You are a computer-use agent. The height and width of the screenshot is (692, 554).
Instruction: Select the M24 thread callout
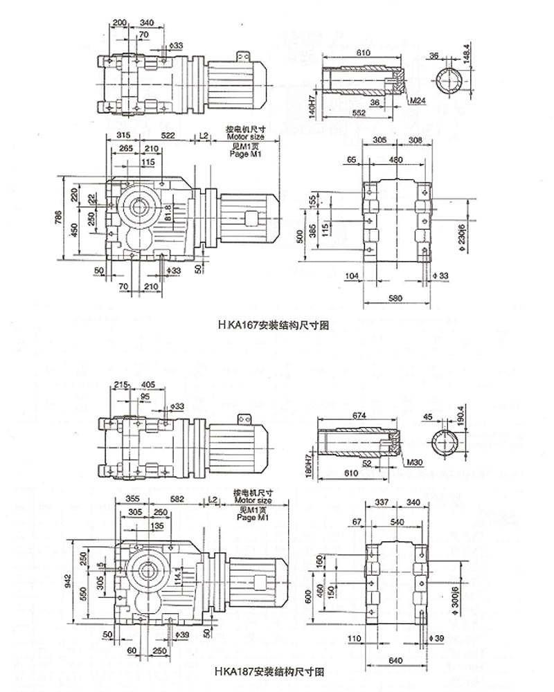pos(417,101)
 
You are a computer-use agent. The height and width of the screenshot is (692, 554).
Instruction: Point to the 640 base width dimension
pos(395,660)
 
